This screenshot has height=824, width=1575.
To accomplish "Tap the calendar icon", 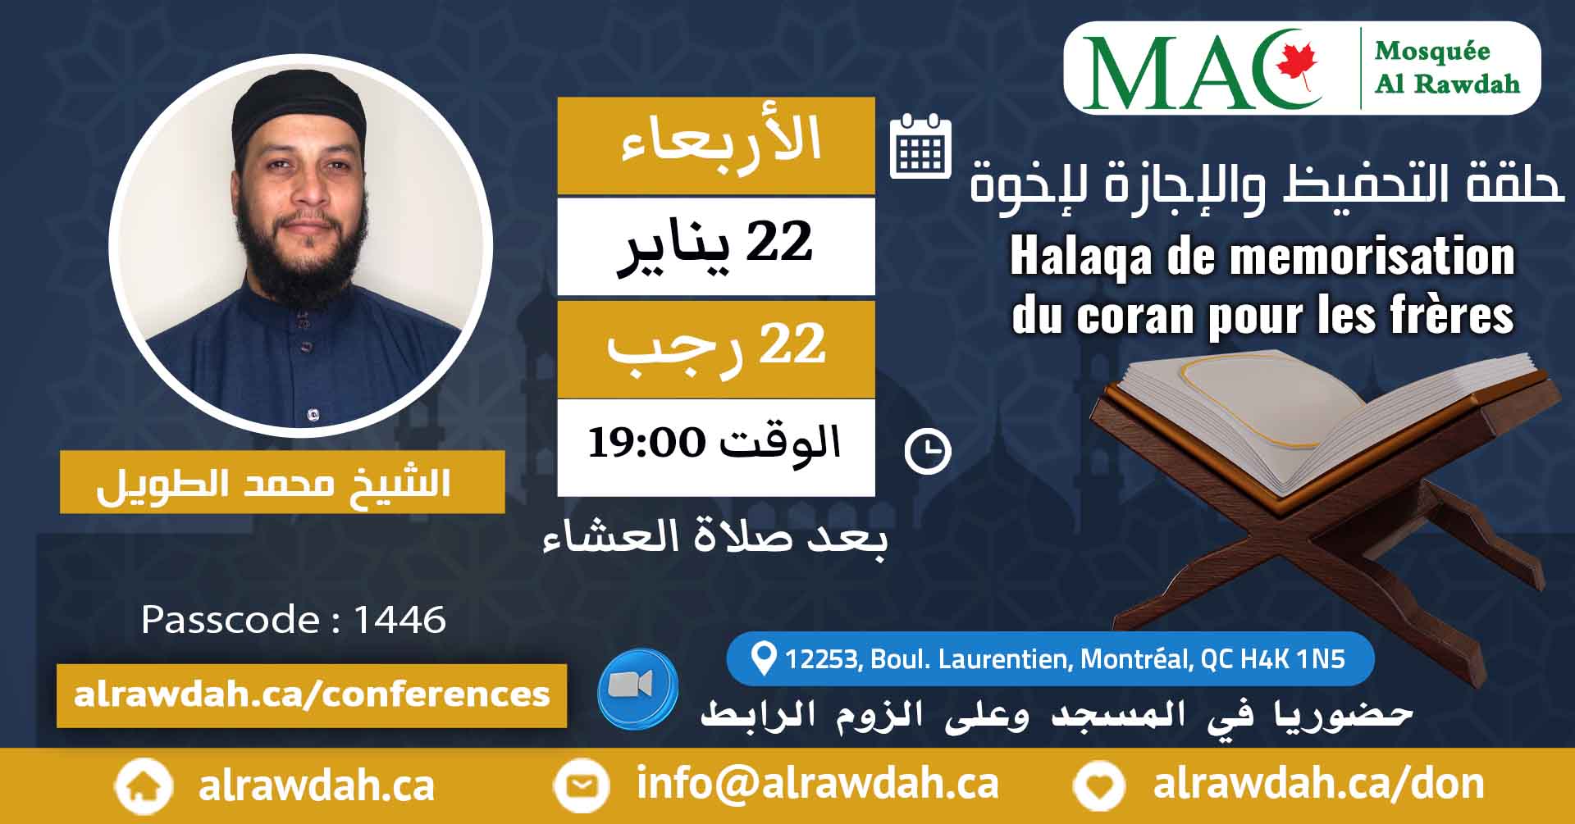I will point(920,147).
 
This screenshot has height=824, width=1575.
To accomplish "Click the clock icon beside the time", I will point(928,451).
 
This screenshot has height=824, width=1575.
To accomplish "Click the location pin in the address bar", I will point(764,658).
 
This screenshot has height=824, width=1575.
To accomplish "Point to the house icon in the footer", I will point(144,786).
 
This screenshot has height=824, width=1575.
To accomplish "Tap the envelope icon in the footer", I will point(582,786).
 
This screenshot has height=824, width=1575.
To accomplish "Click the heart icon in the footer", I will point(1099,786).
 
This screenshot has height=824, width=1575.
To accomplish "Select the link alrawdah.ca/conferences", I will point(312,695).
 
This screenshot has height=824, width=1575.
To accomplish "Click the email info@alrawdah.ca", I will point(818,784).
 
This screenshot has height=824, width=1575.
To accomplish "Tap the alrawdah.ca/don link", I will point(1318,784).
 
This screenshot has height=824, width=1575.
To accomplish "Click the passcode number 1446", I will point(399,620).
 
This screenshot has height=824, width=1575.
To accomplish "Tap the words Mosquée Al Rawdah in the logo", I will point(1447,67).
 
